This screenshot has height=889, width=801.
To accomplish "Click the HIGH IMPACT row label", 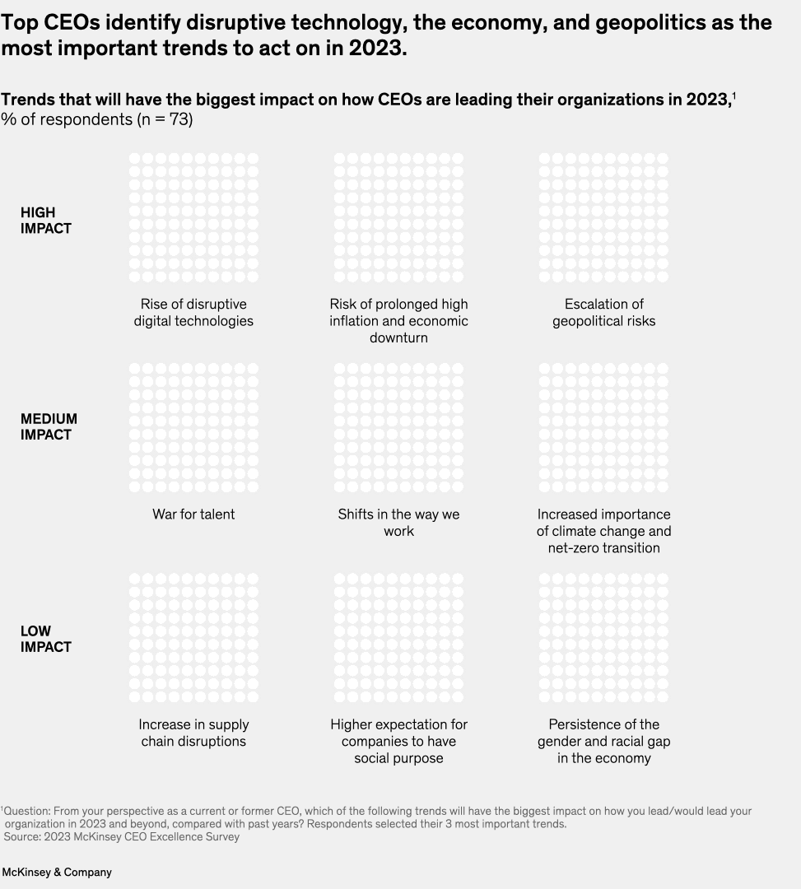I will coord(46,221).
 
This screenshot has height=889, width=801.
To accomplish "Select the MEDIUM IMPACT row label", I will coord(49,427).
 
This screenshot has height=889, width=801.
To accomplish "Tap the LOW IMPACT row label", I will coord(46,639).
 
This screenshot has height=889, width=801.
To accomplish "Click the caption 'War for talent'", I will coord(193,514).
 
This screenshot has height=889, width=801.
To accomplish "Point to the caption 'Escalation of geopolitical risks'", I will coord(604,313).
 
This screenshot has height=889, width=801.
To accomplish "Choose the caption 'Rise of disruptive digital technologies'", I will coord(193,313).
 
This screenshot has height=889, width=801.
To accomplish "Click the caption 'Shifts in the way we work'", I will coord(398,523).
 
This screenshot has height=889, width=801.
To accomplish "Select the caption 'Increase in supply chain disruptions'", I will coord(193,733).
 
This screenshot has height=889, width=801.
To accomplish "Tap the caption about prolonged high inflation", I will coord(398,321).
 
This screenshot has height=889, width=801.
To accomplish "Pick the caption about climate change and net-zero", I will coord(604,531).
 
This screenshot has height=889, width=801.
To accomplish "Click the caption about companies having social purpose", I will coord(398,741).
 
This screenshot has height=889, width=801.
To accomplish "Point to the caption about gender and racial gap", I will coord(604,741).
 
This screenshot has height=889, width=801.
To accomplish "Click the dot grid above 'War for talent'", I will coord(193,428).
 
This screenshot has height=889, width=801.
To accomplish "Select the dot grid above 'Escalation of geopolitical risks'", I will coord(604,217).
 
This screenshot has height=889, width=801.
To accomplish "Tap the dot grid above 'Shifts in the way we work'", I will coord(398,428).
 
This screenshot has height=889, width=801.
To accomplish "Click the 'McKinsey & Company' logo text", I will coord(57,872).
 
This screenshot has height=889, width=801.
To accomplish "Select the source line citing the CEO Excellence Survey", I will coord(122,836).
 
